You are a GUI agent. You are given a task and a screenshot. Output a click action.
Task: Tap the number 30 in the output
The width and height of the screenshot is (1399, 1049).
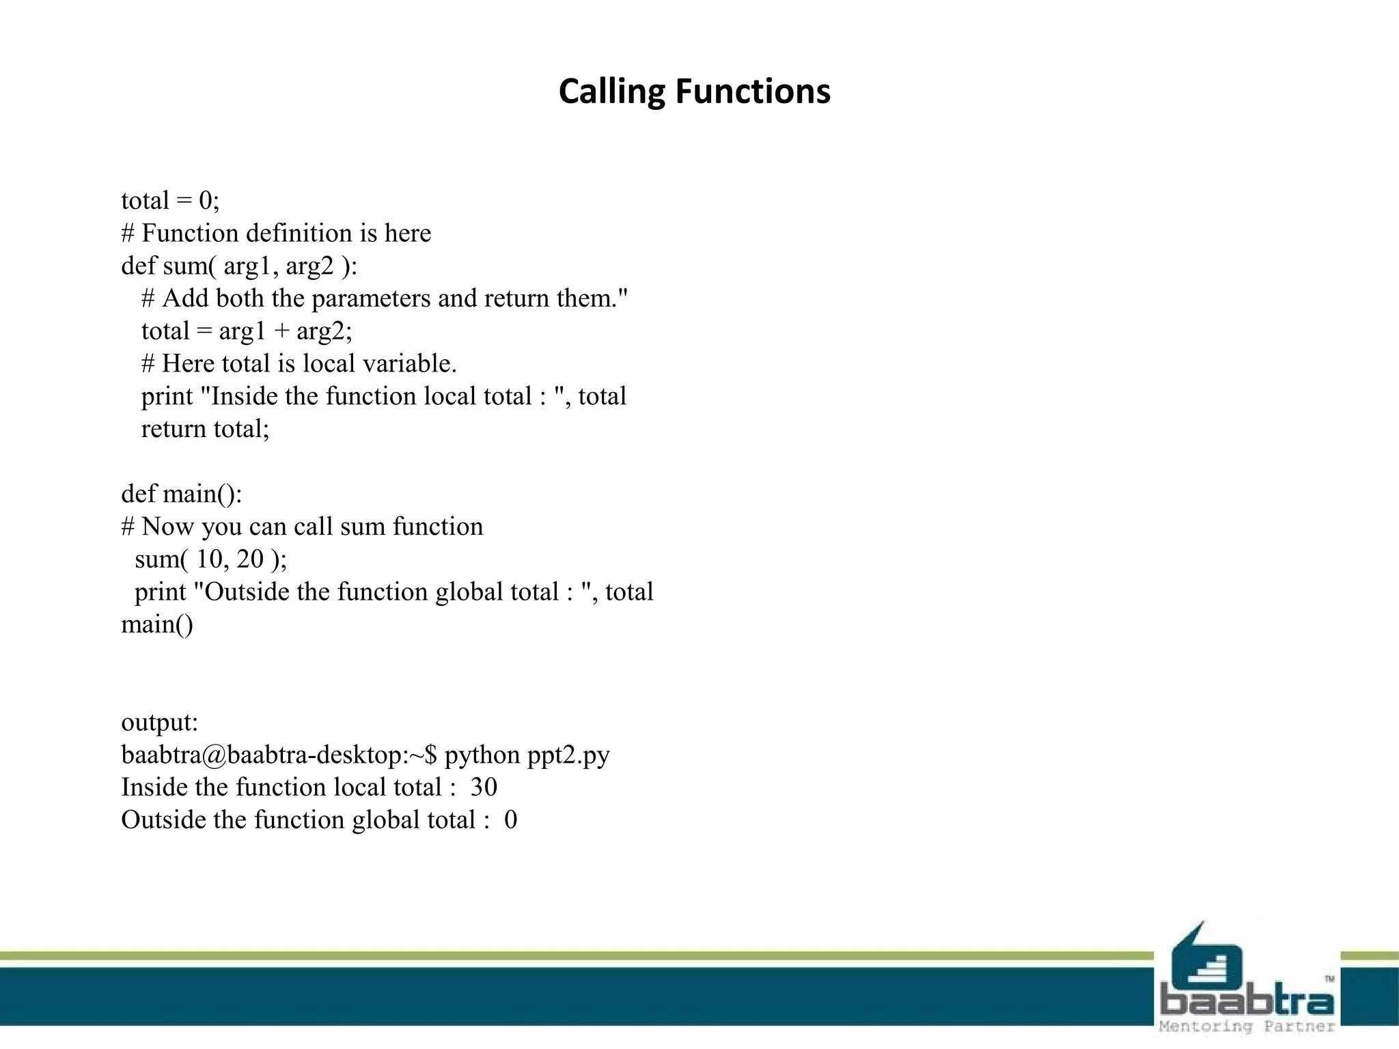tap(484, 787)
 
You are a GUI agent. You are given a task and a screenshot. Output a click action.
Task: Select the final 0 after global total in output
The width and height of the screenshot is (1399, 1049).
tap(510, 820)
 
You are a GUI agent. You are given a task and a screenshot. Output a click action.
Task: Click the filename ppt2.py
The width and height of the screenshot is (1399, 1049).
tap(568, 755)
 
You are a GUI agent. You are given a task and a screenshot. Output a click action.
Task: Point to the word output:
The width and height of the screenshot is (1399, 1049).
tap(159, 723)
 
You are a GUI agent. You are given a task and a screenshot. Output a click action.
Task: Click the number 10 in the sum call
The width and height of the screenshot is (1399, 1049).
tap(210, 559)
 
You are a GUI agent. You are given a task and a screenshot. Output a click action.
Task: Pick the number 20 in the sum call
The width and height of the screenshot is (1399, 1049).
tap(249, 559)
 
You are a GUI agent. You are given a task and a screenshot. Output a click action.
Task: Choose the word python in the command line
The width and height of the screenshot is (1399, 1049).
tap(482, 755)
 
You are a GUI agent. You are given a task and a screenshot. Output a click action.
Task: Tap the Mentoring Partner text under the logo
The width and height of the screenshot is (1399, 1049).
tap(1247, 1026)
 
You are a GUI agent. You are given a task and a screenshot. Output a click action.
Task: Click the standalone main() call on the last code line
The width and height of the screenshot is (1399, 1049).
tap(156, 624)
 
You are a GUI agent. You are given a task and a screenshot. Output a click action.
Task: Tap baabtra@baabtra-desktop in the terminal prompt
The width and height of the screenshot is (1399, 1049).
tap(263, 755)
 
